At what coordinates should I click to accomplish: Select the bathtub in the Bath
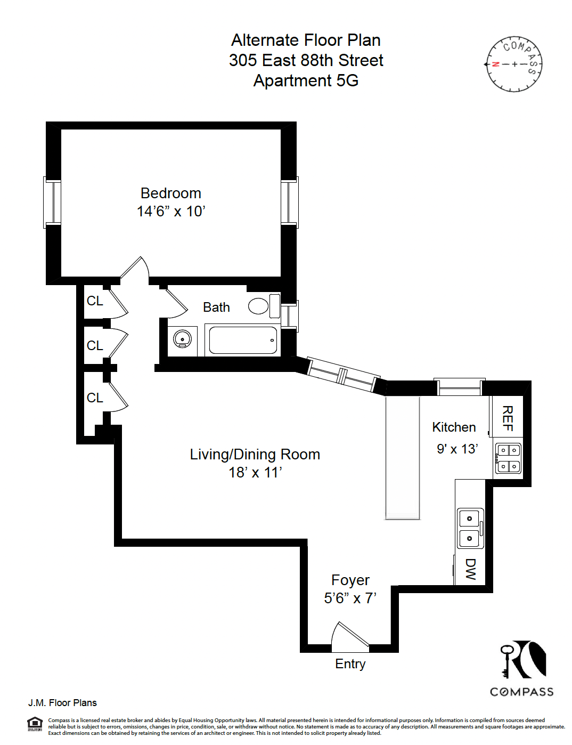click(243, 340)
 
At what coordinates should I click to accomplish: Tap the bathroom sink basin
click(182, 339)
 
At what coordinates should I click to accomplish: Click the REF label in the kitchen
click(508, 418)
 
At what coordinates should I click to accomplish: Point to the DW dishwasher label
click(470, 569)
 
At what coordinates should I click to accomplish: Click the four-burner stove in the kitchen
click(508, 458)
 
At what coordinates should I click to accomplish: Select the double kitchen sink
click(470, 528)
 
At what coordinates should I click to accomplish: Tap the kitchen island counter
click(403, 457)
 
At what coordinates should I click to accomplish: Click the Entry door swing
click(349, 636)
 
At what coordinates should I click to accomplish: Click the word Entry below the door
click(350, 664)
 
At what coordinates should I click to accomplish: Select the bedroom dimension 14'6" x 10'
click(171, 212)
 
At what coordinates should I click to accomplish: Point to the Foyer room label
click(350, 580)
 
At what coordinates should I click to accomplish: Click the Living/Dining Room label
click(255, 455)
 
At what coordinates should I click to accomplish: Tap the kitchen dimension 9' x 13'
click(457, 449)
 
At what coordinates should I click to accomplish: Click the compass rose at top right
click(514, 64)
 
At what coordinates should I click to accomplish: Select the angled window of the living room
click(343, 375)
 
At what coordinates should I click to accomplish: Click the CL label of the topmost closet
click(95, 301)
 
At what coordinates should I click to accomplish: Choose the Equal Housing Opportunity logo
click(35, 724)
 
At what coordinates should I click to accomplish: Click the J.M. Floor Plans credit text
click(62, 703)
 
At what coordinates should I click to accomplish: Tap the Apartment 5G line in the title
click(306, 80)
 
